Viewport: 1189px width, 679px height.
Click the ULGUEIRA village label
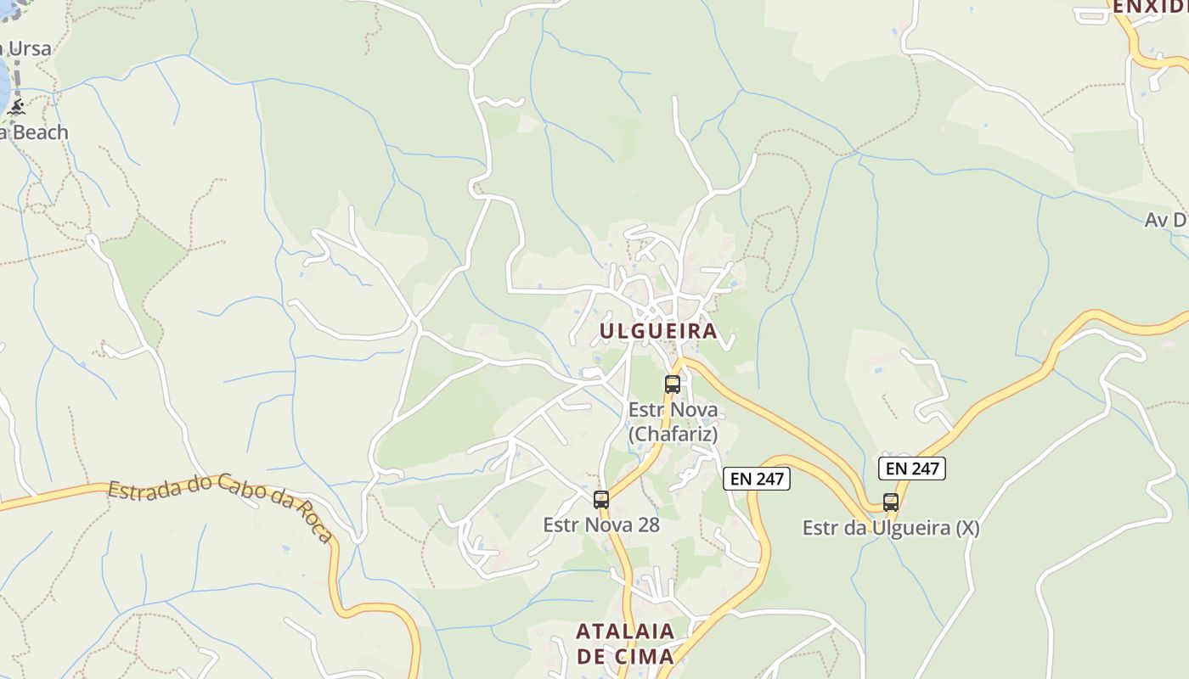click(x=659, y=331)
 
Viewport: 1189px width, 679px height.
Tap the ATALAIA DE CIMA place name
click(x=625, y=643)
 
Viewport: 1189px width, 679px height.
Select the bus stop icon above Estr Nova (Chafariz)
click(x=673, y=384)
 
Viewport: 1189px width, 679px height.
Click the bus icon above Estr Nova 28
click(x=601, y=499)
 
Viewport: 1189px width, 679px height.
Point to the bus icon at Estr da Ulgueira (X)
click(x=890, y=502)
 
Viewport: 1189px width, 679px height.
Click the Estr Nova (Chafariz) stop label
click(x=673, y=422)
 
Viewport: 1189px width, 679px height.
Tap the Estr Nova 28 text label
click(x=601, y=525)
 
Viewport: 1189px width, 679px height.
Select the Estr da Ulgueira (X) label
click(x=891, y=528)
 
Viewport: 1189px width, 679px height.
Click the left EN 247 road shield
click(x=757, y=479)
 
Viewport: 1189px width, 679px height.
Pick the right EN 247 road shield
click(x=912, y=468)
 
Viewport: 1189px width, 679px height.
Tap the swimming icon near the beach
click(x=16, y=107)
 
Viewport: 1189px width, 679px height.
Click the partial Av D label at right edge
click(x=1166, y=220)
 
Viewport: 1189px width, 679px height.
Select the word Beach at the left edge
click(x=39, y=132)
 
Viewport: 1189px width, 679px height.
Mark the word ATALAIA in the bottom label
click(x=625, y=631)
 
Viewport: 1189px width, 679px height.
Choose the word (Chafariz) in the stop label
click(x=673, y=435)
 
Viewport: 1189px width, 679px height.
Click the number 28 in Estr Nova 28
click(x=648, y=525)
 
